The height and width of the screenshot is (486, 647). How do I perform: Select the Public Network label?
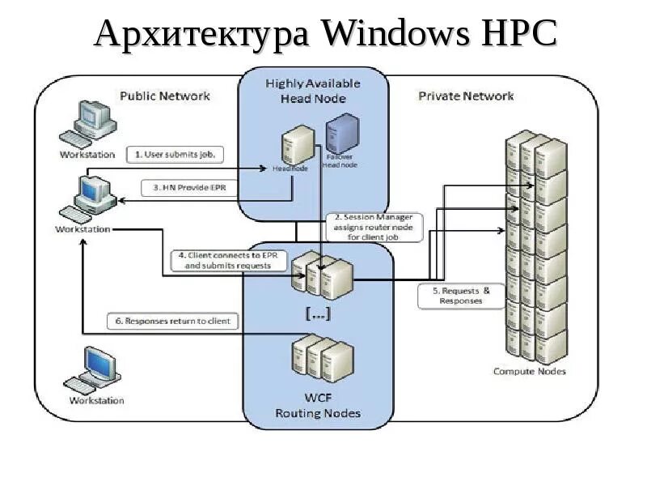(x=164, y=96)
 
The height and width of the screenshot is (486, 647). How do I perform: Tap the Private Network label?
(x=465, y=96)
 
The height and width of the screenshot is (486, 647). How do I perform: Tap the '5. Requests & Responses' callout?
(x=460, y=296)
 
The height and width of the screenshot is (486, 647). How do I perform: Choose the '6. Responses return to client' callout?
(x=172, y=321)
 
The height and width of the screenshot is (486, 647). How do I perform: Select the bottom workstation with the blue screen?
(x=95, y=370)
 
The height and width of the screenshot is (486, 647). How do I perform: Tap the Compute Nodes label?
(x=529, y=372)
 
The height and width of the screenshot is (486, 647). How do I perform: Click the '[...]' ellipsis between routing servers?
(x=317, y=313)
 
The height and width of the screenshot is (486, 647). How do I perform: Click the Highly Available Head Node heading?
(x=312, y=91)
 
